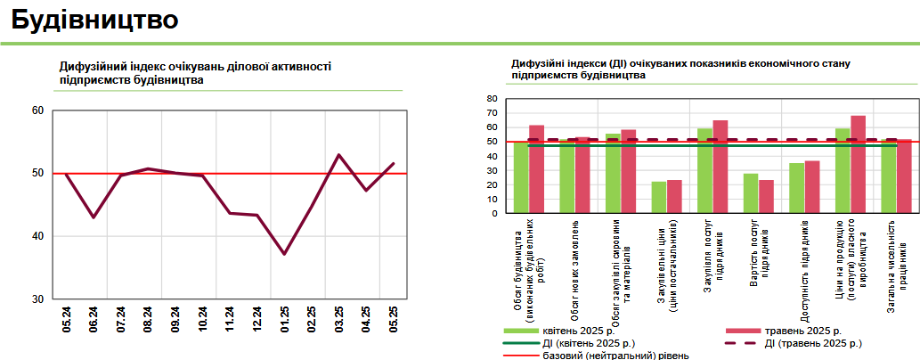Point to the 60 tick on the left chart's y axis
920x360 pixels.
(x=37, y=110)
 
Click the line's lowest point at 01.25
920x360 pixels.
(x=284, y=254)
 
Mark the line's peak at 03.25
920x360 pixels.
(x=339, y=155)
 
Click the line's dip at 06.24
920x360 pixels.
(x=93, y=217)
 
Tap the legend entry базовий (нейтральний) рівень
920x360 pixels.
(x=615, y=355)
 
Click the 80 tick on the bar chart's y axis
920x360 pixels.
(x=490, y=99)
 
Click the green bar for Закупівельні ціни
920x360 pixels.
(x=659, y=197)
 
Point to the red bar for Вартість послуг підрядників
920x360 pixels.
(x=767, y=196)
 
